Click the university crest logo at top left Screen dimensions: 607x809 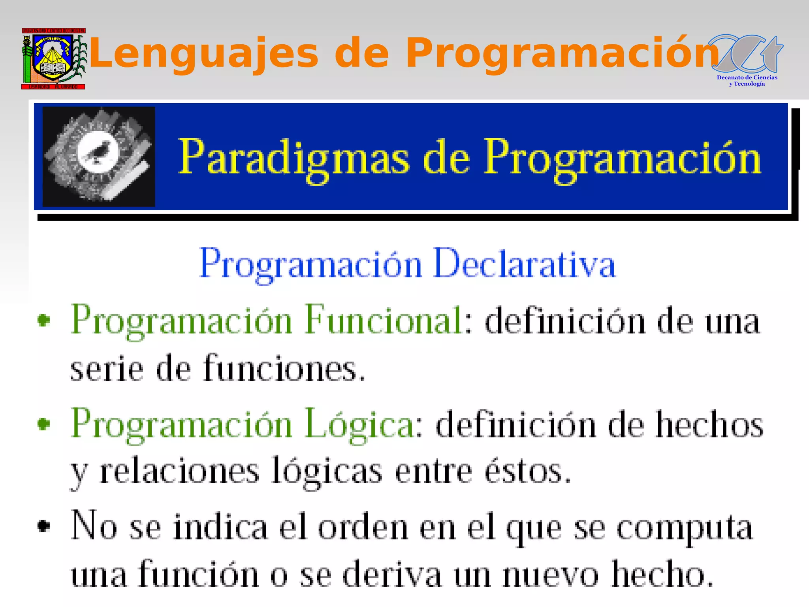53,58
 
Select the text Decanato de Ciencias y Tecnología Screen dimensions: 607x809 747,81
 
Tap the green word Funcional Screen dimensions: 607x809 384,320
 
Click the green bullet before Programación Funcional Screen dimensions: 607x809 44,320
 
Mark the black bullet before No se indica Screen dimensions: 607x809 44,526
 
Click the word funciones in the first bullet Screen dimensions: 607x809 284,369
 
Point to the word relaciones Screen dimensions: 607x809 180,471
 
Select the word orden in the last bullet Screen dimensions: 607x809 363,528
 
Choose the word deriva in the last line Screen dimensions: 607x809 391,575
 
